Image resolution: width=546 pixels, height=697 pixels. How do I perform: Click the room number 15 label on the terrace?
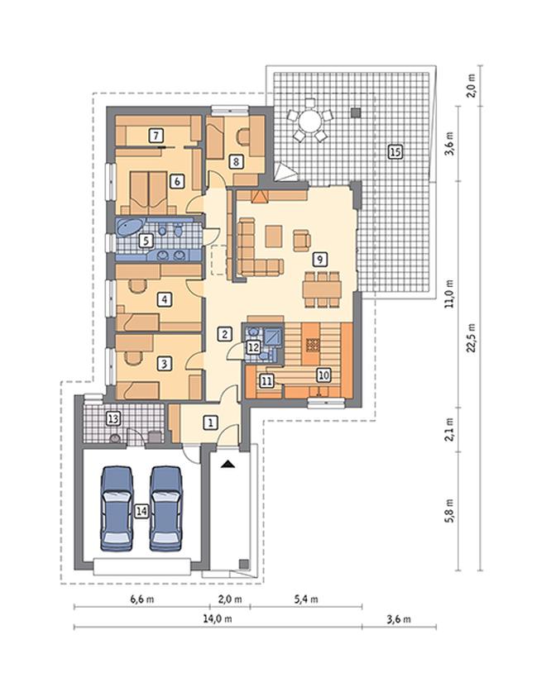coord(395,152)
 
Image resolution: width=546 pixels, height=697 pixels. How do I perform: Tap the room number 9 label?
coord(319,259)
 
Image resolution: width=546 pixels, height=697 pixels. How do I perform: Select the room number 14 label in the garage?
coord(141,511)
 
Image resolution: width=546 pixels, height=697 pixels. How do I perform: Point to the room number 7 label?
coord(156,135)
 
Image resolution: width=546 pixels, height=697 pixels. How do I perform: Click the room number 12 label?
coord(253,347)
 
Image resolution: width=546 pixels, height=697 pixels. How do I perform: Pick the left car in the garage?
coord(117,508)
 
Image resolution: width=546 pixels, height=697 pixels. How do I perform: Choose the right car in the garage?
coord(165,508)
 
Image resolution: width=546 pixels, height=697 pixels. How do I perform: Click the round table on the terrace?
coord(309,120)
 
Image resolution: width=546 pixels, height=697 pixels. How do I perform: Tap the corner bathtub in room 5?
coord(129,227)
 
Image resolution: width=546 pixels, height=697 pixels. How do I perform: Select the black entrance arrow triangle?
coord(228,464)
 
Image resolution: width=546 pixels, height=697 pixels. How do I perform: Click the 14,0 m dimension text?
coord(218,618)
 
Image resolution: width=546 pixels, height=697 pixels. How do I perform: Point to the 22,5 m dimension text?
coord(472,337)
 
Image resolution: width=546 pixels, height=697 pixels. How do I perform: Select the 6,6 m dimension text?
coord(142,599)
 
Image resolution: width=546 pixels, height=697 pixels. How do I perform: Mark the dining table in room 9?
coord(322,289)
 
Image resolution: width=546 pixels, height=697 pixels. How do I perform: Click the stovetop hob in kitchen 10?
coord(312,345)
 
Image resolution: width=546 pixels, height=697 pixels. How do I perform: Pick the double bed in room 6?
coord(148,193)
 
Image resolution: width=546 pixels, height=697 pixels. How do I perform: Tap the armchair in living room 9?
coord(302,241)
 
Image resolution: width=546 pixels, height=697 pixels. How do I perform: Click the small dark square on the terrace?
coord(355,113)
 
